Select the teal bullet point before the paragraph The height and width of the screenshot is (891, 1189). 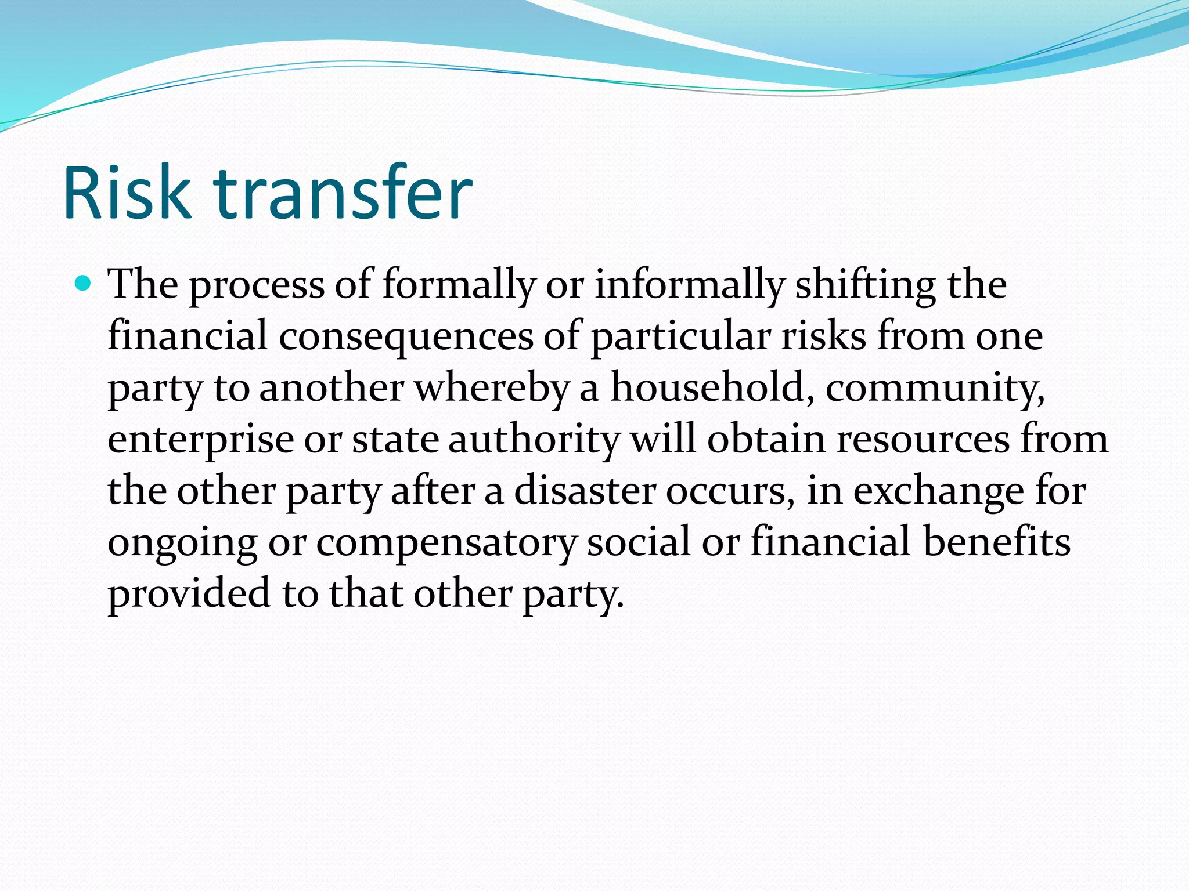[x=84, y=284]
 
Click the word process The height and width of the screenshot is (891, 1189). [x=257, y=286]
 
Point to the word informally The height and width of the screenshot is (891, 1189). [x=689, y=286]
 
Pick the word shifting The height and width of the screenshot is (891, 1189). [x=865, y=286]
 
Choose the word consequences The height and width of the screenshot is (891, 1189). [x=406, y=338]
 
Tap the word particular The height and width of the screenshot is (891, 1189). [x=680, y=338]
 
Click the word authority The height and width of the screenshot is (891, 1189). [x=534, y=440]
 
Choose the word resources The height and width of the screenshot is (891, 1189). [x=923, y=440]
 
